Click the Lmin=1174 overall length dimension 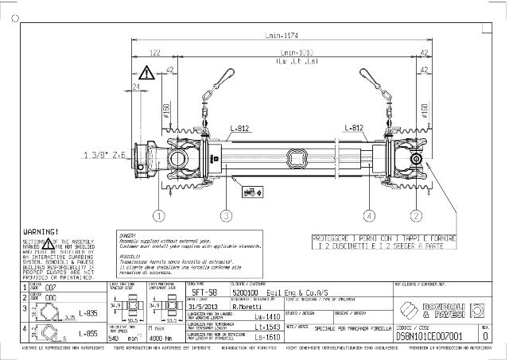tap(284, 35)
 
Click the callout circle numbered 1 tap(159, 215)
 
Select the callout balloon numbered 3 tap(226, 215)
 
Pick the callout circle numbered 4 tap(369, 215)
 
